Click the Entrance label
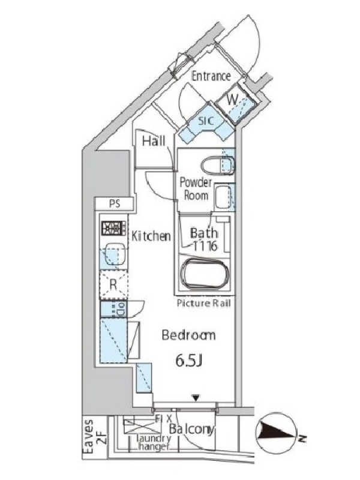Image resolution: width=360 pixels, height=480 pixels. (x=211, y=76)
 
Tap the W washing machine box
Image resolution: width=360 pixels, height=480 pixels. (x=236, y=106)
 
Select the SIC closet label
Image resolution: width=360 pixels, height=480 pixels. (x=206, y=121)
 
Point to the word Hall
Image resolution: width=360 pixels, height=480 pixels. (x=154, y=141)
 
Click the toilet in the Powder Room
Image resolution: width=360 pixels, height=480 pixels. (x=217, y=166)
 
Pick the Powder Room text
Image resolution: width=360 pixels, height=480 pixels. (x=196, y=188)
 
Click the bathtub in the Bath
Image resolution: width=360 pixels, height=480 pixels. (x=205, y=274)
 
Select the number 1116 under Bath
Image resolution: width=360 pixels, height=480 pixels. (x=205, y=245)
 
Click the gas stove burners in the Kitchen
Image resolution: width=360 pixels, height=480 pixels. (x=113, y=228)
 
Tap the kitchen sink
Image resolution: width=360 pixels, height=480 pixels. (x=114, y=254)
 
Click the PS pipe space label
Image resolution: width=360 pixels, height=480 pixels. (x=115, y=203)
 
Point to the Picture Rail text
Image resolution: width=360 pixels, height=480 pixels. (x=203, y=304)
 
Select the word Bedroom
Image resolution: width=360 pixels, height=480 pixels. (x=188, y=335)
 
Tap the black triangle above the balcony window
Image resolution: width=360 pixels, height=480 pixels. (x=196, y=398)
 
